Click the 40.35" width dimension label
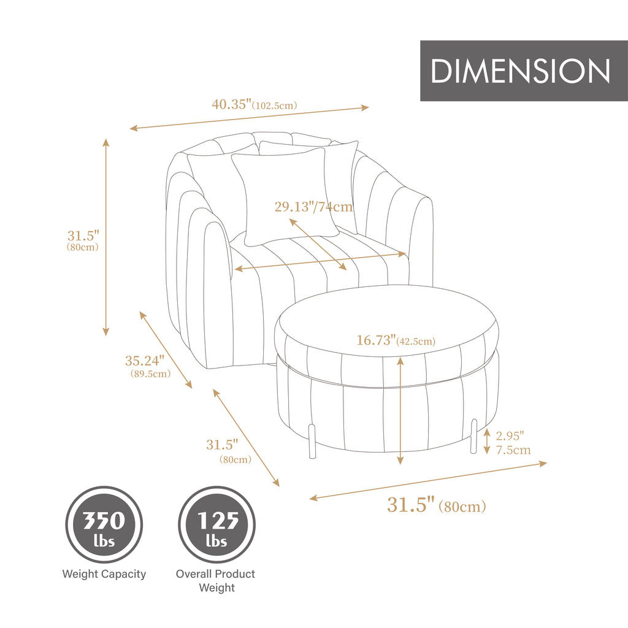[232, 104]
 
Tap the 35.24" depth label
[145, 361]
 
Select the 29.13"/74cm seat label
[314, 207]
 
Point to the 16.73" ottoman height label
[376, 340]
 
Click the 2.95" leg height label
[510, 436]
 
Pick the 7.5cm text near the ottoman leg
[513, 450]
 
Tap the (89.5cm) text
[150, 373]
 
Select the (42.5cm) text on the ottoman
[416, 342]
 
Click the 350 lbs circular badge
[104, 525]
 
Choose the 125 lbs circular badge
[216, 525]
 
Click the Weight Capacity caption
[104, 574]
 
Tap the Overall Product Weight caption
[216, 581]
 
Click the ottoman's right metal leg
[473, 436]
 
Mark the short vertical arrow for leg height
[487, 442]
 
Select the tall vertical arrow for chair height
[105, 237]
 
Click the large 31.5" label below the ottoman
[411, 505]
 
